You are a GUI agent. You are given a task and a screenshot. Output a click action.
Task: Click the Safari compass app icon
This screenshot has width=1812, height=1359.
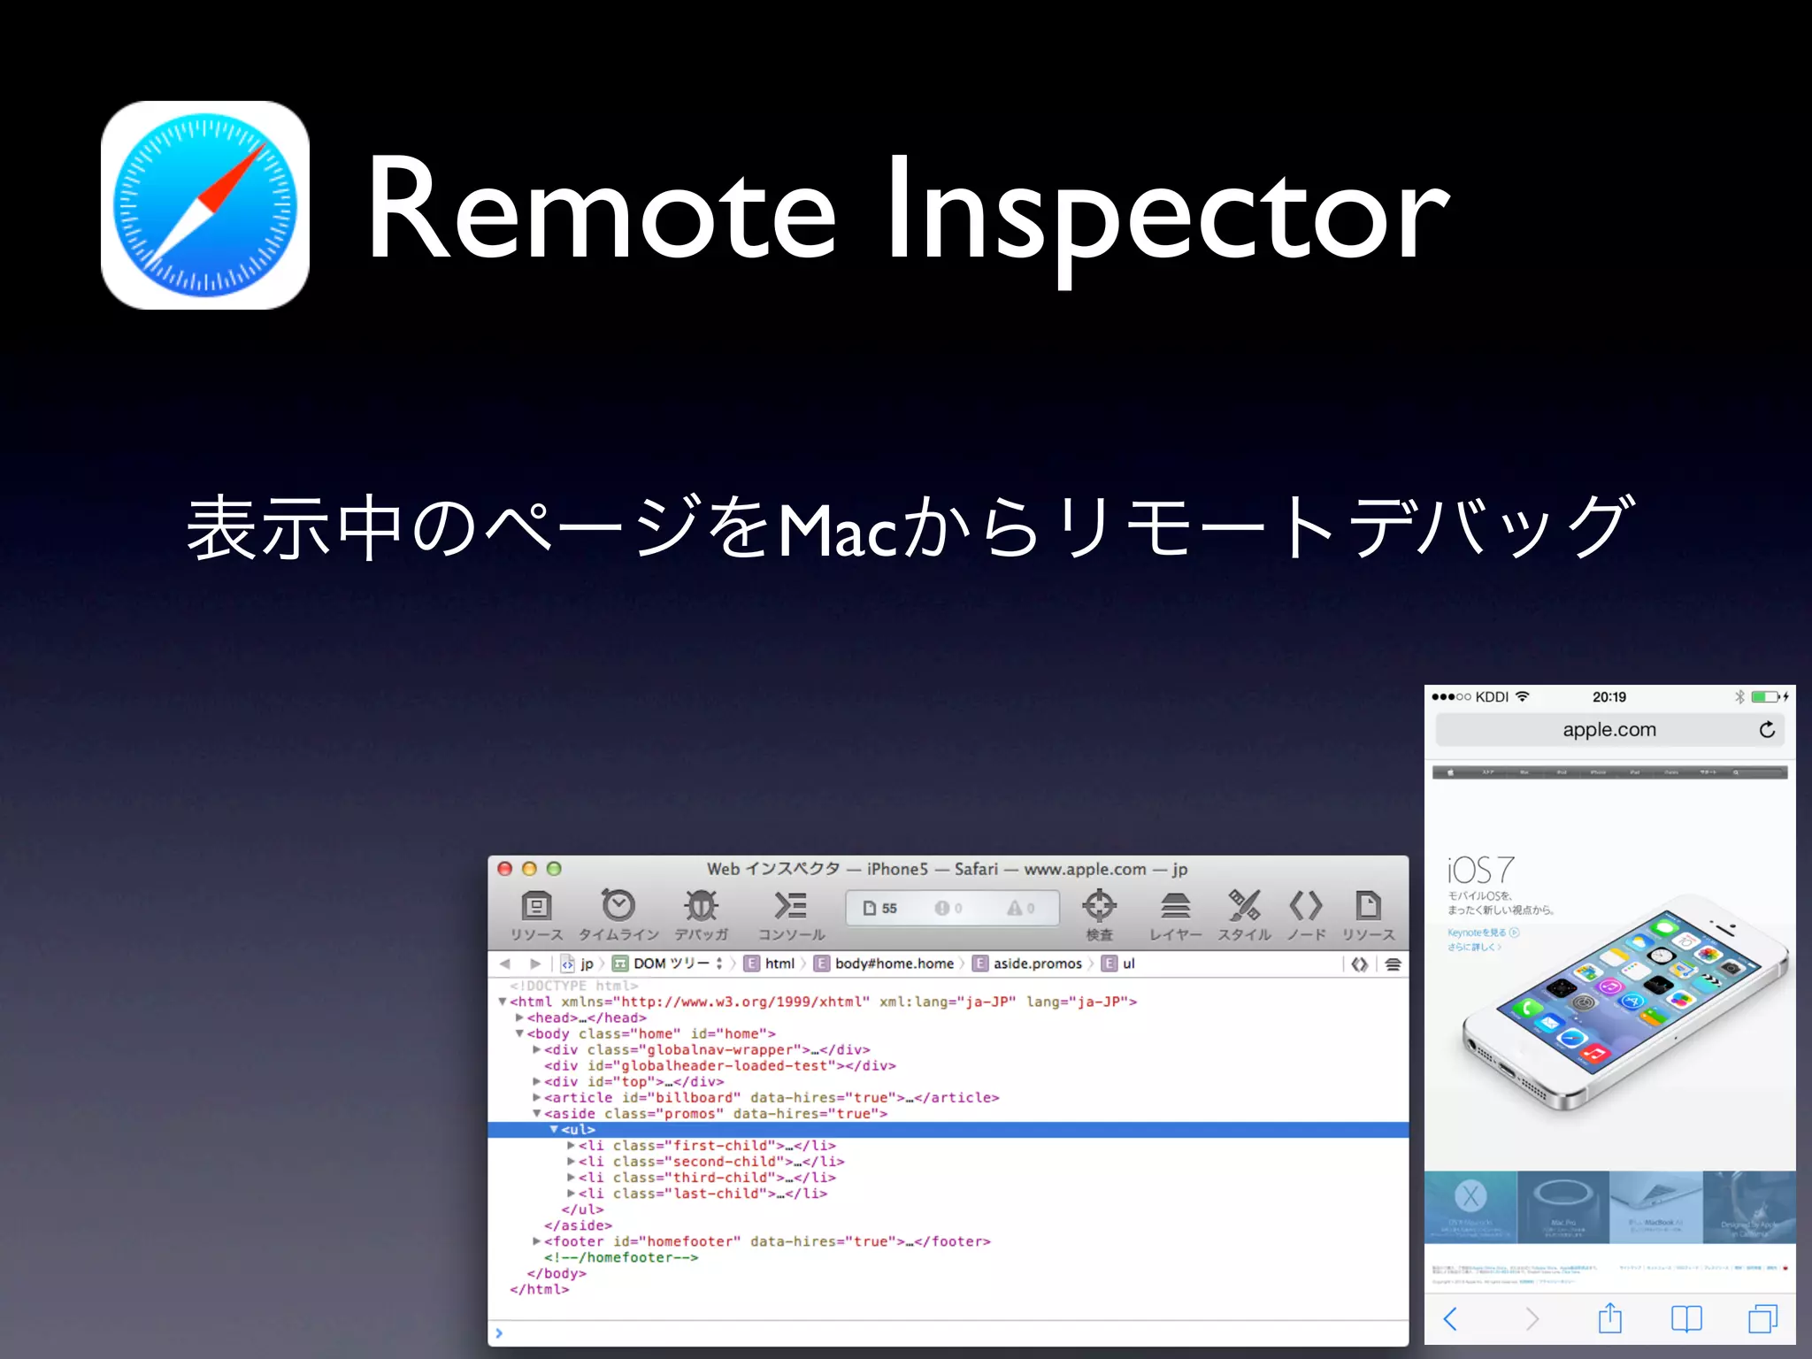[x=205, y=205]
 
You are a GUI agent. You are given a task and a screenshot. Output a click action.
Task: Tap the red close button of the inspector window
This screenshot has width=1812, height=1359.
[x=505, y=869]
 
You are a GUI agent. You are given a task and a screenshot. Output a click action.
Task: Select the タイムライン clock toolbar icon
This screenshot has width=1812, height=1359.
[x=618, y=906]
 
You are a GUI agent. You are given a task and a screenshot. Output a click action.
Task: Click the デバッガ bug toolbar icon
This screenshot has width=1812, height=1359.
[x=701, y=906]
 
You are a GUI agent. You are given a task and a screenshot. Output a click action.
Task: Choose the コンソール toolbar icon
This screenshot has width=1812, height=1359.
[x=790, y=906]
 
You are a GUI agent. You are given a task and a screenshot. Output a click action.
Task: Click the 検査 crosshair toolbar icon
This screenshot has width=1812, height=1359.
[x=1099, y=906]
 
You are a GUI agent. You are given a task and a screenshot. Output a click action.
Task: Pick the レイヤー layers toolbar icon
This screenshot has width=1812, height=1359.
[x=1175, y=906]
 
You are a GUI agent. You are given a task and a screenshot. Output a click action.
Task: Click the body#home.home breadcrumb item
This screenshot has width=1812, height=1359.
[x=894, y=964]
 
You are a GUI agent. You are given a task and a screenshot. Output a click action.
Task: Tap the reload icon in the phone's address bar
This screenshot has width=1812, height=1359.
[x=1767, y=730]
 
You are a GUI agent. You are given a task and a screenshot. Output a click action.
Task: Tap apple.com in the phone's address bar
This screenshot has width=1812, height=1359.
[x=1609, y=730]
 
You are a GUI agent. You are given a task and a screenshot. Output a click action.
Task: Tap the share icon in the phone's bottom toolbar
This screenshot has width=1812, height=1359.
[x=1610, y=1318]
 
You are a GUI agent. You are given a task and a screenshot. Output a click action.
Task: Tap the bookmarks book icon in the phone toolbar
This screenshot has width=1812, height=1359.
[x=1686, y=1319]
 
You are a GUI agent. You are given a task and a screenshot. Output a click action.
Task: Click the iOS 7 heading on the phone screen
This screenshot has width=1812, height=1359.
[x=1481, y=871]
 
